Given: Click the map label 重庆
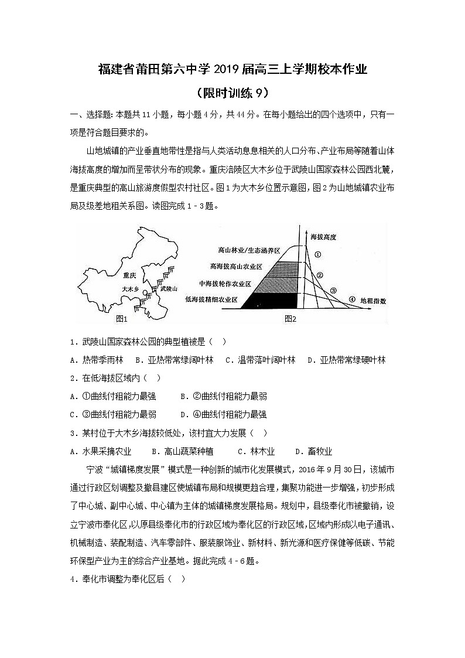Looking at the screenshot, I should pos(129,275).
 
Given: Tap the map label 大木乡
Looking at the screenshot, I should pos(130,289).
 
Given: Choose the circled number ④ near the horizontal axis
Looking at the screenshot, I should pos(351,299).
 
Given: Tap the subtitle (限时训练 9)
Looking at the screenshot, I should pos(232,93).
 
